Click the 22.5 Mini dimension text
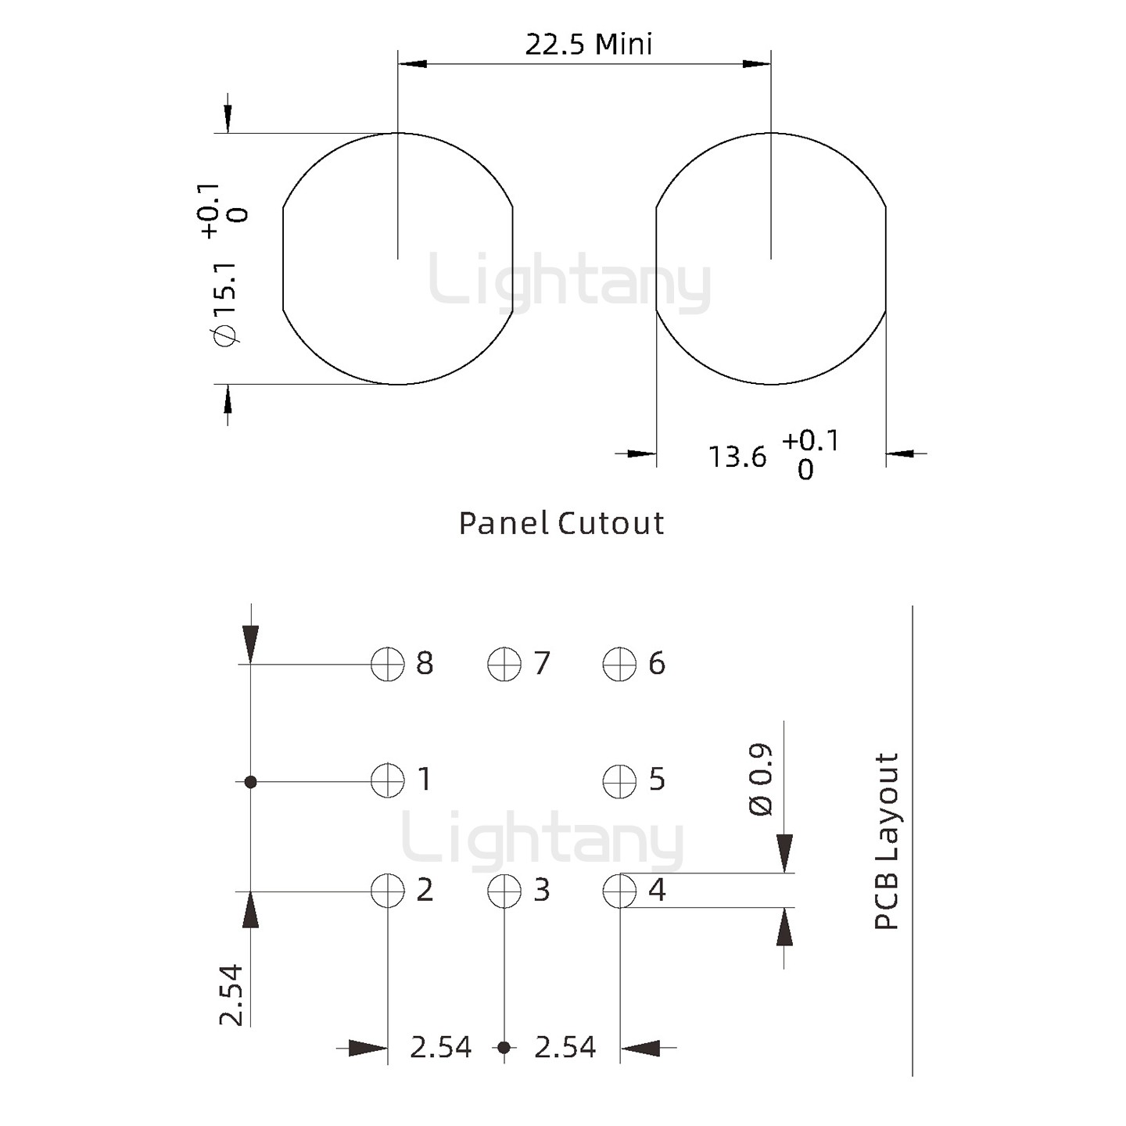(x=589, y=45)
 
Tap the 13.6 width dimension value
(x=737, y=457)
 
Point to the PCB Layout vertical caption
(x=886, y=841)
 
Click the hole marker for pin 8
(x=387, y=664)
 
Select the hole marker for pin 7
(x=504, y=664)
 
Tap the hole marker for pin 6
(x=619, y=664)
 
